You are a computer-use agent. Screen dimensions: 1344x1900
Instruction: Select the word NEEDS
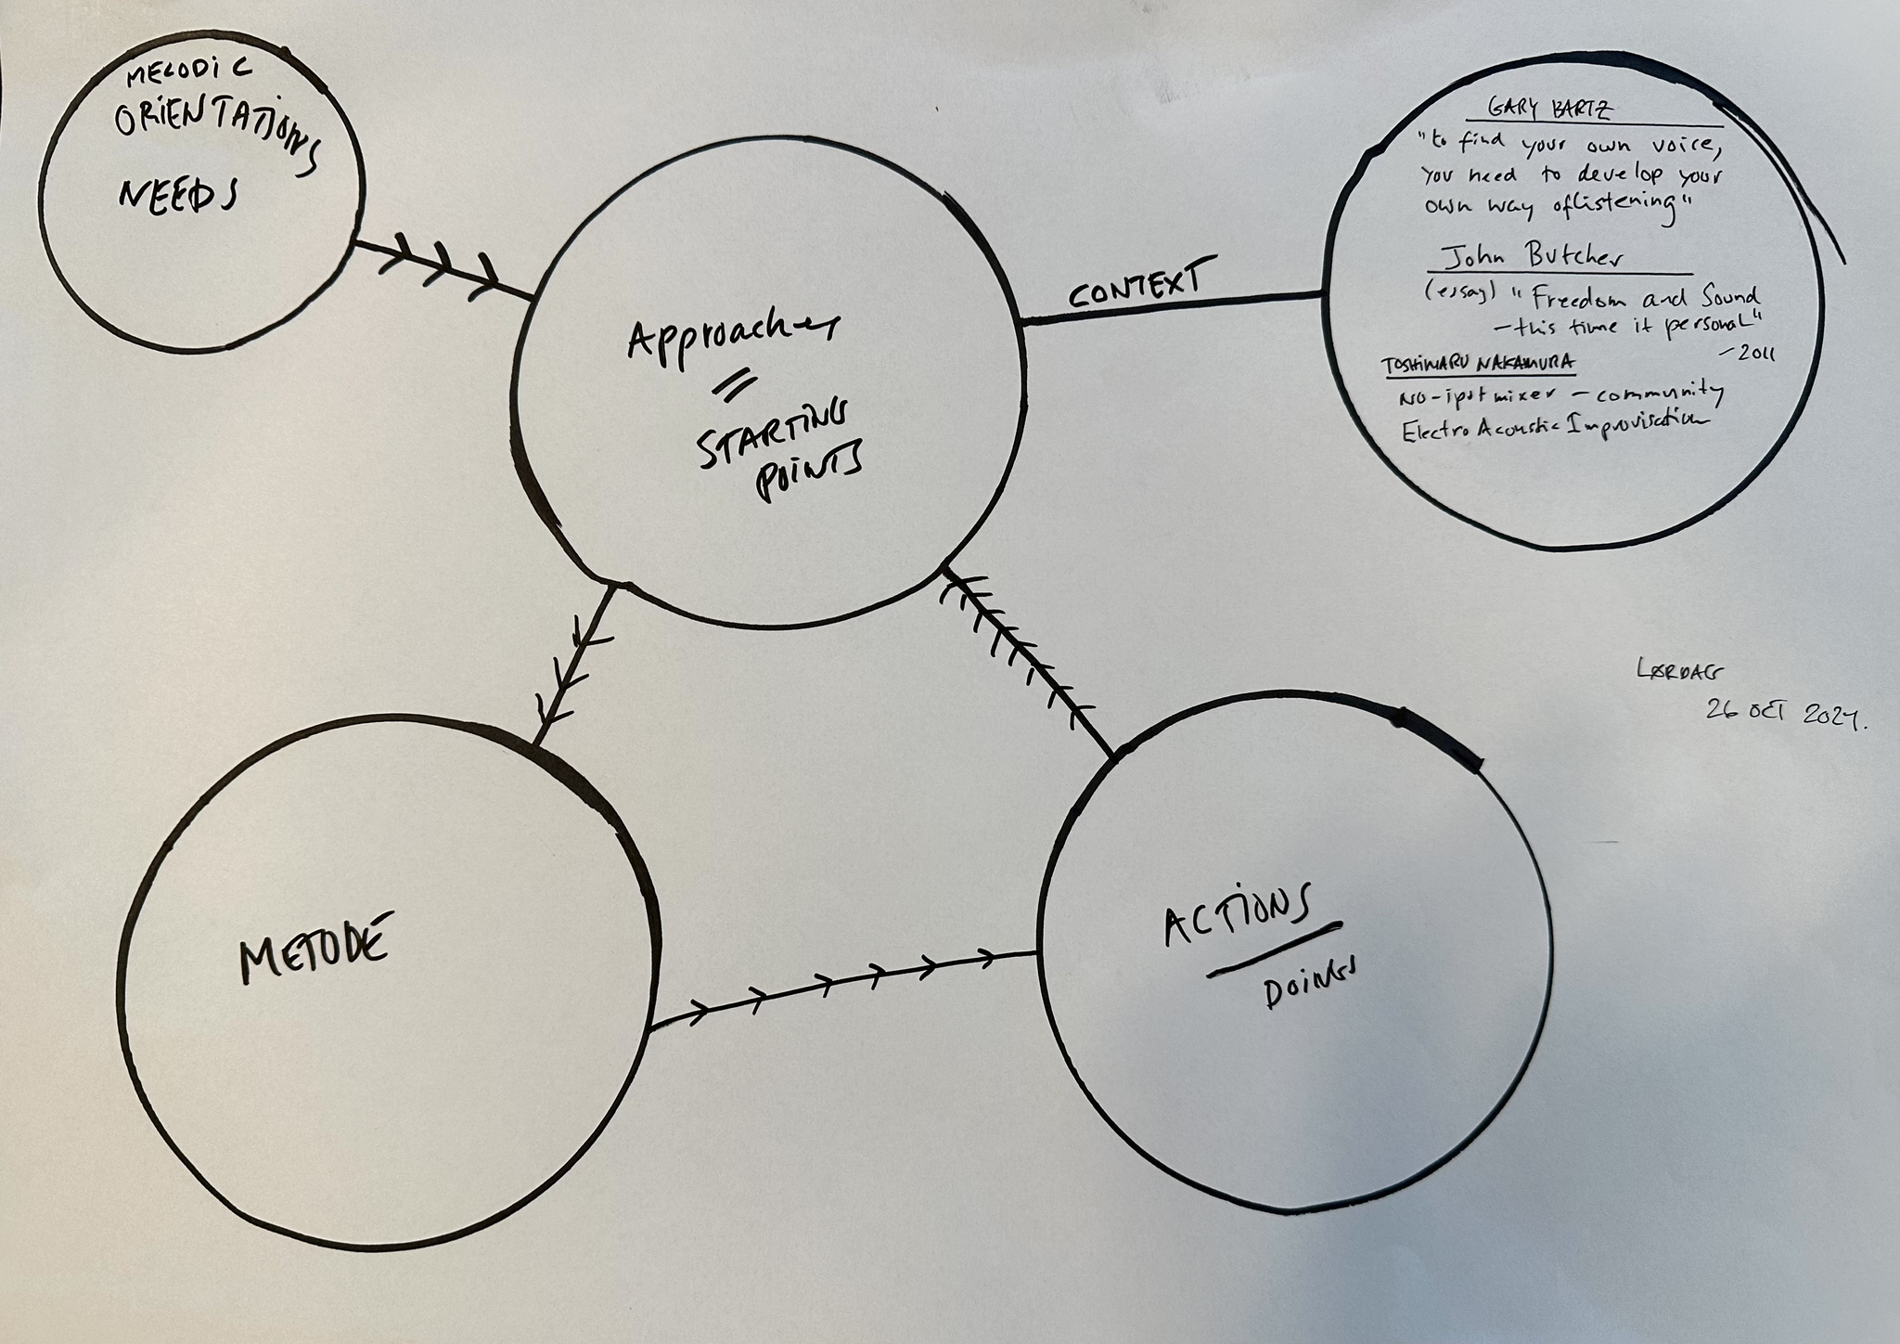pyautogui.click(x=176, y=196)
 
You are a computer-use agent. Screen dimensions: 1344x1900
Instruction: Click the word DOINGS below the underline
pyautogui.click(x=1307, y=989)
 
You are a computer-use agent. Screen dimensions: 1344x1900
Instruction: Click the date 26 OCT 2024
pyautogui.click(x=1785, y=714)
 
